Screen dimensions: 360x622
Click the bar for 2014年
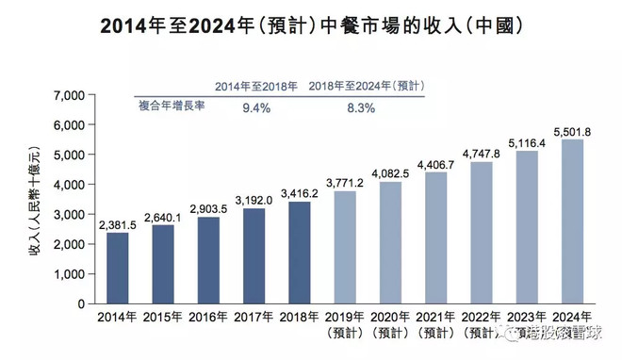point(118,268)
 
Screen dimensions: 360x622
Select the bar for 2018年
point(301,253)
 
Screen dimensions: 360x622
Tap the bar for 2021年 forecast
point(437,237)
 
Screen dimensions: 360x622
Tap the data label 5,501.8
point(574,130)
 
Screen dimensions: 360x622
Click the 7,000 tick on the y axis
point(70,95)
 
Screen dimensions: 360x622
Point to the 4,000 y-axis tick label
point(70,185)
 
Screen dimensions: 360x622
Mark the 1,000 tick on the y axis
point(70,274)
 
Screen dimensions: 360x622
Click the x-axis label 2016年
point(209,317)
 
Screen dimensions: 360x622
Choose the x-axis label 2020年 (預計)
point(391,325)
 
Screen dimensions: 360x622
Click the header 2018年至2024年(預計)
point(368,85)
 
